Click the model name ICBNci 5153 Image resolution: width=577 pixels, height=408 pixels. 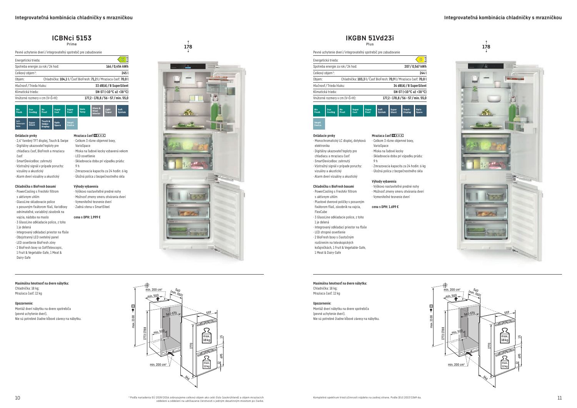(72, 38)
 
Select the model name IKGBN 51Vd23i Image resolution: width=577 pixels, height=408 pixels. (370, 38)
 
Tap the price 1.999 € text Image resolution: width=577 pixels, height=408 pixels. (87, 217)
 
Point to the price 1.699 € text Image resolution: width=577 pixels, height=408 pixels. (385, 207)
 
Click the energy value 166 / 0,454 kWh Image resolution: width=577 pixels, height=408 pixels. (117, 67)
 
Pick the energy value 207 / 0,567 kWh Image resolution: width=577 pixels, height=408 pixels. (415, 67)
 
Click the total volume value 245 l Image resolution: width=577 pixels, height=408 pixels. (125, 73)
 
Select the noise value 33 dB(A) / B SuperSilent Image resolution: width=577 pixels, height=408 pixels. (112, 85)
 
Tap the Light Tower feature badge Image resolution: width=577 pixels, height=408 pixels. (109, 111)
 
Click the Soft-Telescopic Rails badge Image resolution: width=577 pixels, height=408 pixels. (21, 124)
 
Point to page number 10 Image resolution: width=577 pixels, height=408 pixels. (17, 398)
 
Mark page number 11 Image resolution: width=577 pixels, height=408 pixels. (559, 398)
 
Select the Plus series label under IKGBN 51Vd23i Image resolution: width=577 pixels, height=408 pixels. (370, 44)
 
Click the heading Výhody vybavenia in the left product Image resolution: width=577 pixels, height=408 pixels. (86, 187)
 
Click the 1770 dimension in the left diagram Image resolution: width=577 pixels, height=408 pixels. (191, 346)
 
